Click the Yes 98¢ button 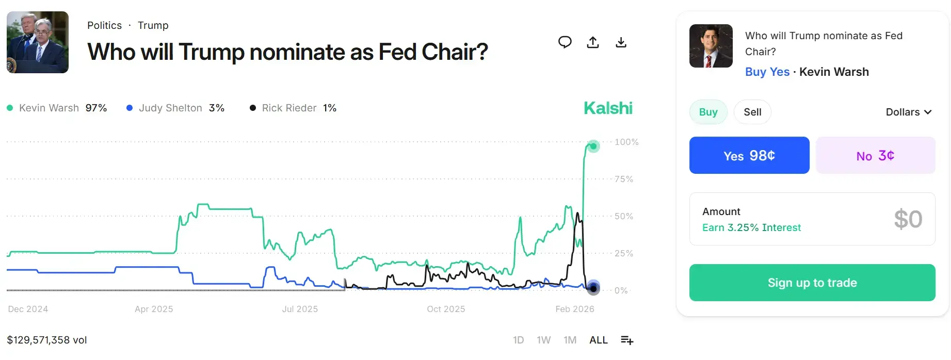click(x=749, y=155)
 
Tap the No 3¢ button click(x=875, y=155)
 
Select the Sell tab click(x=752, y=112)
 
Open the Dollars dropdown click(x=908, y=112)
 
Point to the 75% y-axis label click(x=623, y=179)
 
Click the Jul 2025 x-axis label click(x=300, y=309)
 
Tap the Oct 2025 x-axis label click(x=446, y=309)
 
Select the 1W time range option click(x=543, y=340)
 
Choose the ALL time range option click(x=599, y=340)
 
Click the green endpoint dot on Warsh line click(x=593, y=146)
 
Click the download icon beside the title click(x=621, y=42)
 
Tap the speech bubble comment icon click(x=565, y=42)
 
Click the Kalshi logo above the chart click(x=608, y=108)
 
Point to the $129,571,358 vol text click(x=47, y=340)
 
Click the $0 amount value click(x=908, y=219)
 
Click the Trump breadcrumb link click(x=153, y=25)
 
